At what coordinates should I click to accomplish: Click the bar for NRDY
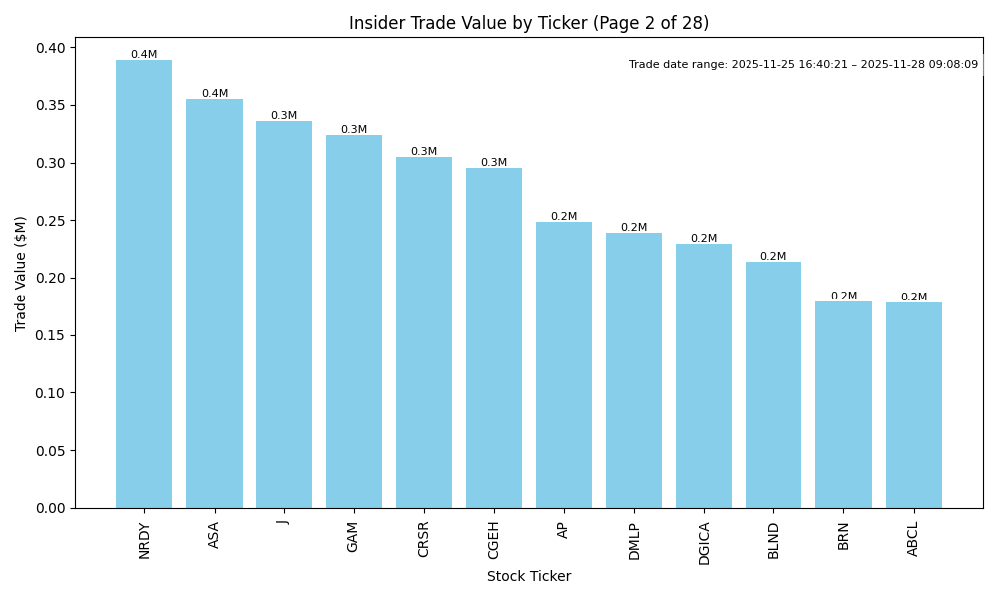(144, 285)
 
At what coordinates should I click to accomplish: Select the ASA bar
(214, 303)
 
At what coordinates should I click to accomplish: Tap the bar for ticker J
(284, 314)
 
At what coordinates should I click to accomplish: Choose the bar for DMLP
(634, 370)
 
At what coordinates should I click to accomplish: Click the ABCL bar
(913, 405)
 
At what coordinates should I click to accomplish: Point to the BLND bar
(773, 385)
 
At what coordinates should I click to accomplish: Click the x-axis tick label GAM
(353, 537)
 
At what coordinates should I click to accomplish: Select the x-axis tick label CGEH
(494, 541)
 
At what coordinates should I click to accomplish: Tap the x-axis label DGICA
(704, 543)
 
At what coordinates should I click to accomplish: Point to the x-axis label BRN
(844, 535)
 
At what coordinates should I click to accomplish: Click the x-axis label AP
(564, 530)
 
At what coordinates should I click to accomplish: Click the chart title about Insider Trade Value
(528, 23)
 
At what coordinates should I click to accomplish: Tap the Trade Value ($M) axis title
(21, 273)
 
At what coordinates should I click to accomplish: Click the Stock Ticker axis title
(528, 577)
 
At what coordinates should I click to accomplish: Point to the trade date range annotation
(802, 65)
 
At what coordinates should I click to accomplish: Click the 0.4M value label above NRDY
(144, 55)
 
